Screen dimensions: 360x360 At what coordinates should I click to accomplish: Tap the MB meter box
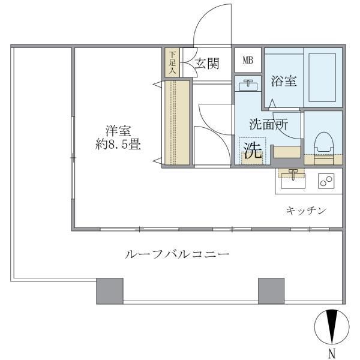(247, 61)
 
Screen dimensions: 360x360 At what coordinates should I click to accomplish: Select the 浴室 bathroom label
(283, 81)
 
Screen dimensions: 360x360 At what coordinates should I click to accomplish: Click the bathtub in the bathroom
(323, 77)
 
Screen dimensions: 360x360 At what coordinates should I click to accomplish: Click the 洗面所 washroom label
(268, 125)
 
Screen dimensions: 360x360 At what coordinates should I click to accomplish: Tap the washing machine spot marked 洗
(253, 151)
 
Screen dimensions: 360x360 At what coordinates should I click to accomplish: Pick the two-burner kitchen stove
(327, 180)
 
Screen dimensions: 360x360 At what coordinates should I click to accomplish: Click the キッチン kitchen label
(305, 210)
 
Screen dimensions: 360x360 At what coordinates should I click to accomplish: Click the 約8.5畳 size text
(118, 145)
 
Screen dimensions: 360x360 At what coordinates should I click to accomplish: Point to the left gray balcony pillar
(110, 290)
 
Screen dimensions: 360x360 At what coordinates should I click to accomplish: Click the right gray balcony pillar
(271, 290)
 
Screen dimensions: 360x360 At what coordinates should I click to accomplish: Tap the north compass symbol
(331, 326)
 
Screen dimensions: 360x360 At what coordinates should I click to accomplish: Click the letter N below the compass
(331, 352)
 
